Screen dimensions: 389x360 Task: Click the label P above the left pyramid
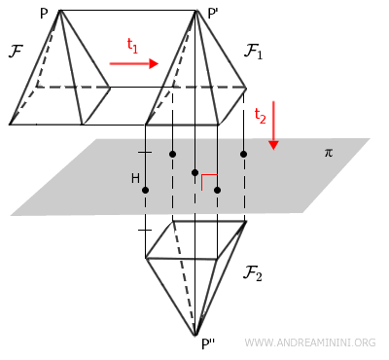(44, 15)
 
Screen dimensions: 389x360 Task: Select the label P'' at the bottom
(207, 343)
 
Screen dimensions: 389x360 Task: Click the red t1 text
(134, 45)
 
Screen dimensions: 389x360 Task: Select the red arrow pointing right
(133, 64)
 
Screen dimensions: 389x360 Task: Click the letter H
(135, 179)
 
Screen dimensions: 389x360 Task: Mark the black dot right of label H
(146, 190)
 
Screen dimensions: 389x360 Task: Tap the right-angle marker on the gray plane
(207, 178)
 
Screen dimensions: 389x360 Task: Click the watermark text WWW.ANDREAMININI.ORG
(310, 342)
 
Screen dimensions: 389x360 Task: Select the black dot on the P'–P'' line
(195, 173)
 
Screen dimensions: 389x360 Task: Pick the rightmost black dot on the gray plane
(243, 154)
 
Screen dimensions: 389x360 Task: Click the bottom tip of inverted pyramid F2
(195, 334)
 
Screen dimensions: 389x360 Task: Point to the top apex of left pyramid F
(60, 10)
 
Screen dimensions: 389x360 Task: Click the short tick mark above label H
(145, 155)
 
